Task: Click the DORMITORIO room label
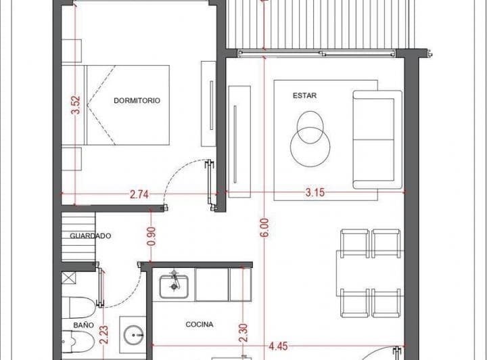click(137, 100)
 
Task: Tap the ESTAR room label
click(304, 95)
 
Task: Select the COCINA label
click(200, 324)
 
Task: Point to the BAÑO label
click(84, 325)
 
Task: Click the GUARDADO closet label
click(91, 235)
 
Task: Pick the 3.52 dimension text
click(76, 106)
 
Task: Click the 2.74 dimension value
click(139, 195)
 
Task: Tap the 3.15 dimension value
click(315, 193)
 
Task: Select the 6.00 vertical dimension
click(264, 227)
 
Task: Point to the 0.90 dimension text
click(152, 236)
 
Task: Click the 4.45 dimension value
click(278, 346)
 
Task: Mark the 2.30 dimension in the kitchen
click(243, 333)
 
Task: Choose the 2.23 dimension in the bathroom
click(104, 334)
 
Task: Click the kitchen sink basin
click(174, 286)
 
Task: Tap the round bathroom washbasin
click(133, 335)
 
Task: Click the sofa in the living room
click(377, 139)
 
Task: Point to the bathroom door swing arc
click(131, 295)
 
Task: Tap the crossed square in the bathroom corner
click(68, 277)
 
